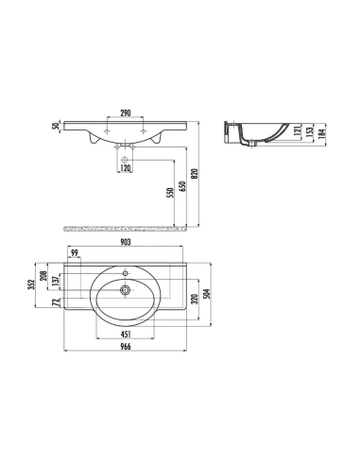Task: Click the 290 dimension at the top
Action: [x=126, y=112]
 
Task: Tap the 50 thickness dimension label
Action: [x=56, y=126]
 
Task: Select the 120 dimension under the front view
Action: [x=126, y=168]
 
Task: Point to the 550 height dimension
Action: [x=170, y=193]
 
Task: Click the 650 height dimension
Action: [x=182, y=186]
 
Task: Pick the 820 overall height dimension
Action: [x=195, y=174]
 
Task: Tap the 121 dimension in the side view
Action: [x=298, y=130]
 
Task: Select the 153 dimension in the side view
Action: [x=310, y=130]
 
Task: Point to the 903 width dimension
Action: [x=126, y=242]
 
